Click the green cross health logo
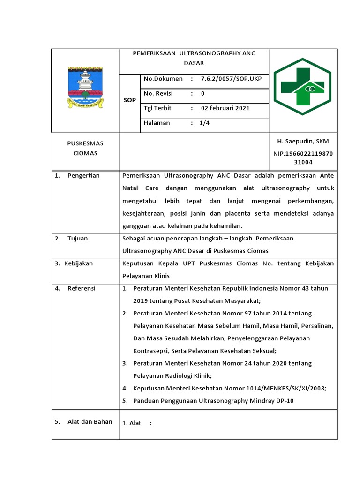pos(302,87)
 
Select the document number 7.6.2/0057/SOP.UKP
pos(232,79)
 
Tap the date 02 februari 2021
pos(225,108)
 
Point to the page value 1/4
pos(205,123)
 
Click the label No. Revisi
pos(158,93)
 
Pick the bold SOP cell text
pos(129,100)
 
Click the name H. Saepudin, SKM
pos(303,142)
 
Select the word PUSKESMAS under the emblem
pos(85,143)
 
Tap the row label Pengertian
pos(83,176)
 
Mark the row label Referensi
pos(81,288)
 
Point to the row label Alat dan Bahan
pos(90,421)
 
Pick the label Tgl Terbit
pos(157,108)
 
